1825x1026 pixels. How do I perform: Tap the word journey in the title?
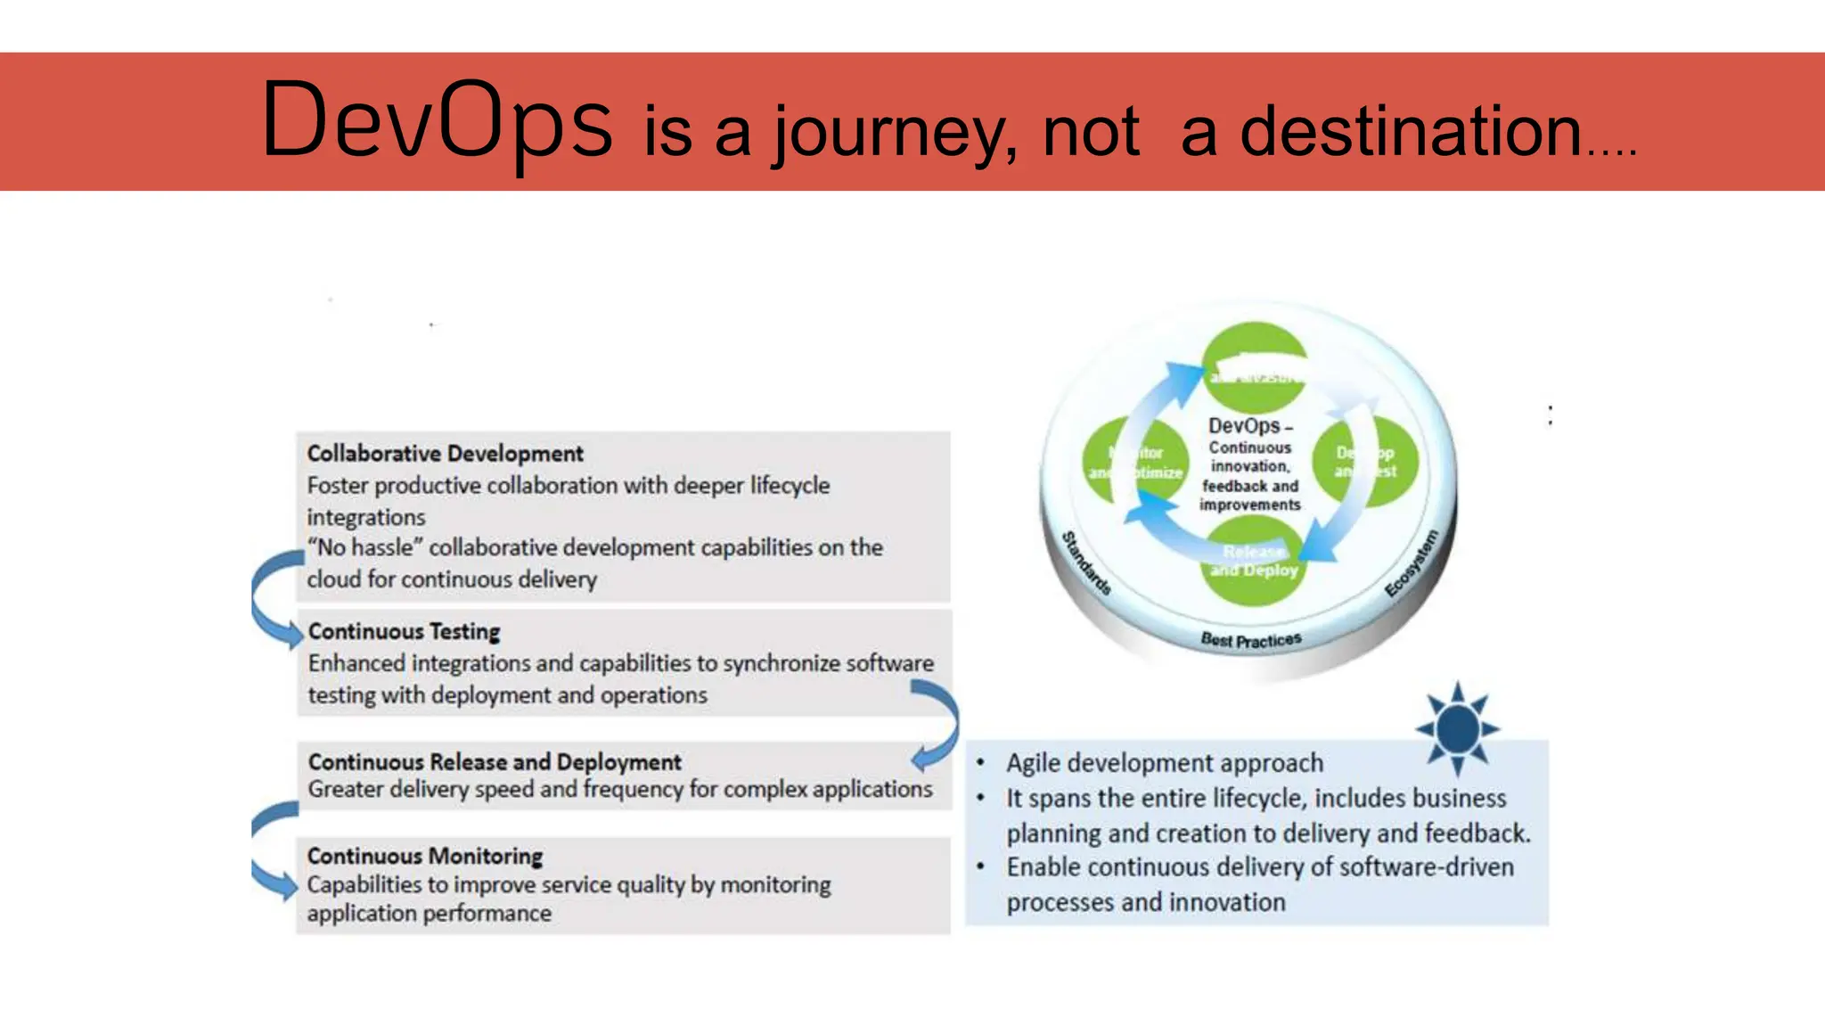tap(894, 133)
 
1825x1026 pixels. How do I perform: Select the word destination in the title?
tap(1411, 131)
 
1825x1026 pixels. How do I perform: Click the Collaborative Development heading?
tap(445, 454)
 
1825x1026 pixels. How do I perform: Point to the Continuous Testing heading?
tap(404, 631)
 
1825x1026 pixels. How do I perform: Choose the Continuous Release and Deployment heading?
tap(495, 762)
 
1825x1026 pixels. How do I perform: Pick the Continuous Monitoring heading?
tap(425, 856)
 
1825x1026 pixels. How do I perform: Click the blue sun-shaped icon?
tap(1458, 728)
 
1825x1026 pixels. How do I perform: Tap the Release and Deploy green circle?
tap(1254, 562)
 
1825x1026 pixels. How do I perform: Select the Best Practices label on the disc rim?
tap(1250, 640)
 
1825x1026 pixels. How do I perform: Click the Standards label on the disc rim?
tap(1086, 562)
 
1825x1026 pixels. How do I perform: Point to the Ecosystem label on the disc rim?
tap(1412, 562)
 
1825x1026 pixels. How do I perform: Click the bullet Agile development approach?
tap(1164, 763)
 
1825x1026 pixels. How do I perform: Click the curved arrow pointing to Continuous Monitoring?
tap(270, 851)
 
